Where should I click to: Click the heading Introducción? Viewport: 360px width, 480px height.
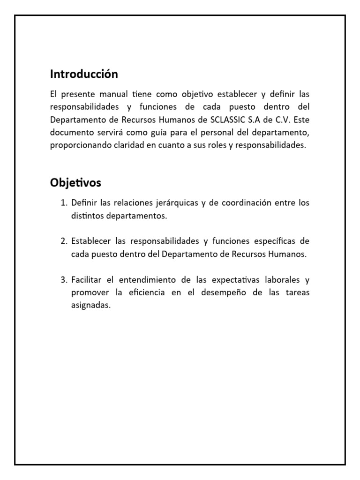(84, 74)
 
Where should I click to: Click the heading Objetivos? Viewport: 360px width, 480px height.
(75, 182)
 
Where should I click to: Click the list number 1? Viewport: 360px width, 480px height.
(64, 203)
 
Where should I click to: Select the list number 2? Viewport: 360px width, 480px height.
(64, 241)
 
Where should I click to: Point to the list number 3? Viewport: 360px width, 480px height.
(64, 280)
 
